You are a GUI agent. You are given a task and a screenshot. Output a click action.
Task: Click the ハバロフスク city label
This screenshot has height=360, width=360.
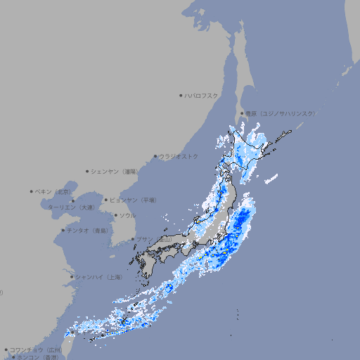tap(202, 95)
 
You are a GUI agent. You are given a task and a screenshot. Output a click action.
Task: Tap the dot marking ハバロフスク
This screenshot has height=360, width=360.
tap(181, 95)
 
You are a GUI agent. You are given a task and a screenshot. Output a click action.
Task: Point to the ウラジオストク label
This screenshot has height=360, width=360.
tap(179, 156)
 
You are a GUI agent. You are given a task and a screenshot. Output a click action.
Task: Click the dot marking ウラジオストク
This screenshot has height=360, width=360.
tap(155, 157)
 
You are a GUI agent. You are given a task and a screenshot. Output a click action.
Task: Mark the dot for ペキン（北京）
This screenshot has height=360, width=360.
tap(32, 191)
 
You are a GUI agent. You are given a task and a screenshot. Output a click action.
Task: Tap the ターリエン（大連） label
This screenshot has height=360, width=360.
tap(70, 207)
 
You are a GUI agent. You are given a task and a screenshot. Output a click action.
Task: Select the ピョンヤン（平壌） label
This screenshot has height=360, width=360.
tap(133, 200)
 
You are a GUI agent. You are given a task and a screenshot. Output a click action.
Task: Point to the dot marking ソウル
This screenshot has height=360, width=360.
tap(115, 215)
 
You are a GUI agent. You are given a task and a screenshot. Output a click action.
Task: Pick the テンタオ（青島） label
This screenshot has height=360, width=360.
tap(88, 230)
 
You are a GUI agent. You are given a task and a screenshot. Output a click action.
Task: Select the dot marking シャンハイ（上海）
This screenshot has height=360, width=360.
tap(72, 277)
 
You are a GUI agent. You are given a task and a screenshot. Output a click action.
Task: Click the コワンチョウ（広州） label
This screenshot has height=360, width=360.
tap(36, 349)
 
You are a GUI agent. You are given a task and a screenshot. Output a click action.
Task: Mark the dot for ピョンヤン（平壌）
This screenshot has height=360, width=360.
tap(106, 200)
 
